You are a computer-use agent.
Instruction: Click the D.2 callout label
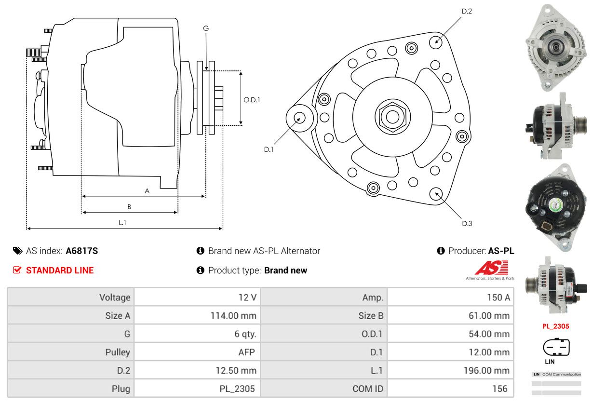[466, 11]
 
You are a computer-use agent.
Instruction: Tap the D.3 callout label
[467, 223]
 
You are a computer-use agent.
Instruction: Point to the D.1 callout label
[269, 149]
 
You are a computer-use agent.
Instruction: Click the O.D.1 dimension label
[252, 100]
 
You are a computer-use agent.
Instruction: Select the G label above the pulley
[206, 28]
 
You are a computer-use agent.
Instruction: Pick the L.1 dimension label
[122, 222]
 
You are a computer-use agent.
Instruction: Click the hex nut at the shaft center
[392, 116]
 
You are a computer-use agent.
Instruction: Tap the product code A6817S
[82, 251]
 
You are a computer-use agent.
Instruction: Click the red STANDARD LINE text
[60, 270]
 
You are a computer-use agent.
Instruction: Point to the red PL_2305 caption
[555, 326]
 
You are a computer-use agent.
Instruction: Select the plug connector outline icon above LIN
[556, 347]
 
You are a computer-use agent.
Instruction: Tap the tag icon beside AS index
[17, 251]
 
